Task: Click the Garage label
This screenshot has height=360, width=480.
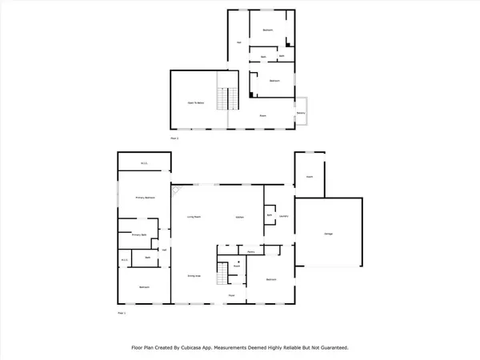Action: tap(328, 234)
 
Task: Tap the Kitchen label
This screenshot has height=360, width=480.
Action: tap(239, 217)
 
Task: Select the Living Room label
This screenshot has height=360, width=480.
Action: tap(194, 217)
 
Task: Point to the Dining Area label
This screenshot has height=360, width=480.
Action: tap(194, 276)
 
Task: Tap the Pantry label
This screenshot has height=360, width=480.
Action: tap(250, 252)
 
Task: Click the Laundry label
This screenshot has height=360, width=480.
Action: tap(284, 215)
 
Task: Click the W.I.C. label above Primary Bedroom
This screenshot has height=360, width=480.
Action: tap(144, 163)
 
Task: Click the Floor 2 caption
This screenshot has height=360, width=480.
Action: tap(175, 138)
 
